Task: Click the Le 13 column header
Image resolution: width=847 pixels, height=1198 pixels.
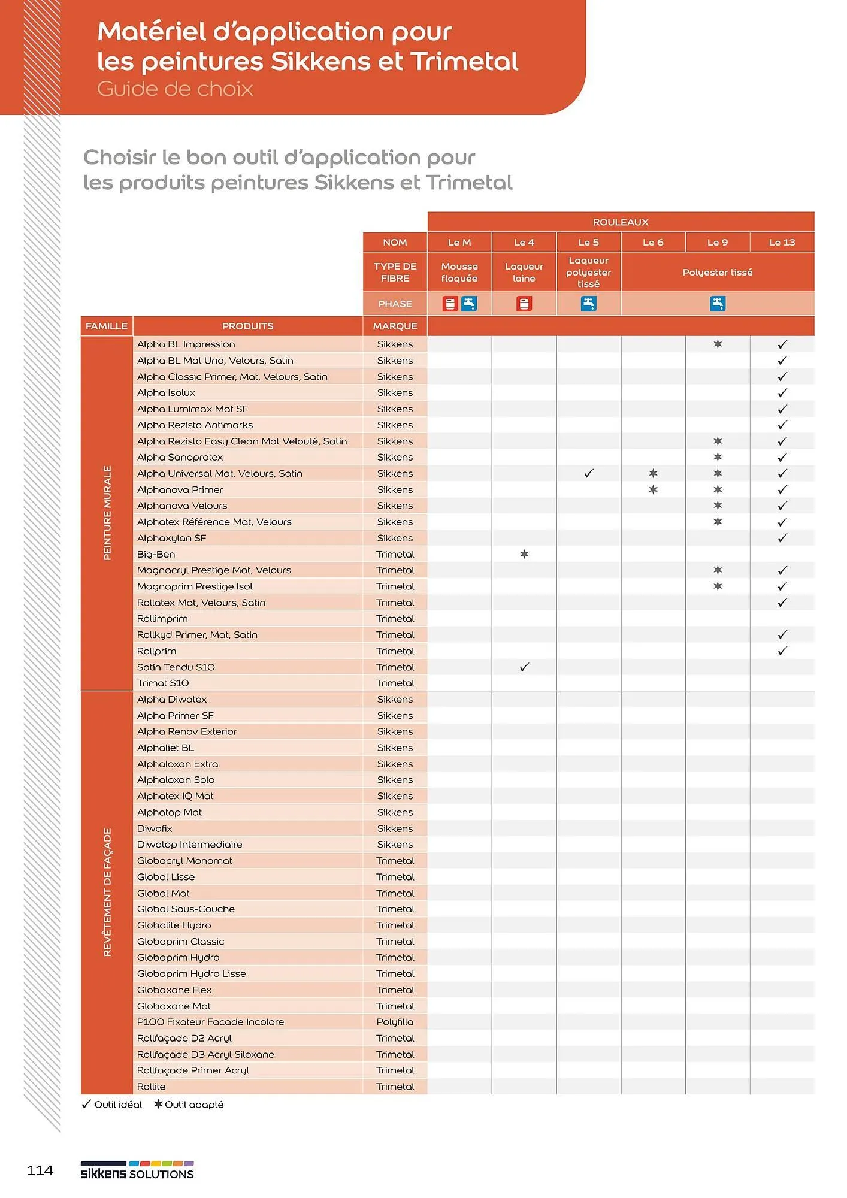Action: coord(782,242)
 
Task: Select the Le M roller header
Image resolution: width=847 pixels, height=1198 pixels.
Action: coord(459,242)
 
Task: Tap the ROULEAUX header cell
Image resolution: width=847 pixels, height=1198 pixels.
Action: coord(621,222)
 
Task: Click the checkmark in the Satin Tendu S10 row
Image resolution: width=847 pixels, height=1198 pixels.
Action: coord(524,667)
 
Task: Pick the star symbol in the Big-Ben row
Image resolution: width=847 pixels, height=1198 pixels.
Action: coord(524,554)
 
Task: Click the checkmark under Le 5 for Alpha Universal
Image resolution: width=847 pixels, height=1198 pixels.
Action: coord(589,473)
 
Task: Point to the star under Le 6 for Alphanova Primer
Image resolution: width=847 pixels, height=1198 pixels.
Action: coord(653,489)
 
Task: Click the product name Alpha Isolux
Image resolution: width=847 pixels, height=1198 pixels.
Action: coord(166,393)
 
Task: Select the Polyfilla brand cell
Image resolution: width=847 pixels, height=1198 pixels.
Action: coord(395,1022)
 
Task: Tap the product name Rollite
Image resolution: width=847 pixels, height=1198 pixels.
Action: coord(151,1087)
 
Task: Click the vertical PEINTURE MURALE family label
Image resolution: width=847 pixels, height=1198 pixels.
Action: coord(107,513)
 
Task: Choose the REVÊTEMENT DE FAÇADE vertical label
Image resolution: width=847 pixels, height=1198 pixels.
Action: coord(107,892)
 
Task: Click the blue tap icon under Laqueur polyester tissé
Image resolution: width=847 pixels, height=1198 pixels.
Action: coord(589,304)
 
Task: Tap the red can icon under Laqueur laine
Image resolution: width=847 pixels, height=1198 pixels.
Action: coord(524,304)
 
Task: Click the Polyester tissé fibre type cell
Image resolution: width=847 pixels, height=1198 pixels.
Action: coord(717,272)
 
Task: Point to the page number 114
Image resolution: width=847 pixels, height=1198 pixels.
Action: coord(40,1170)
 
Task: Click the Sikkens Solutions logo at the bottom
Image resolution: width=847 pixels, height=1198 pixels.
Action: coord(137,1171)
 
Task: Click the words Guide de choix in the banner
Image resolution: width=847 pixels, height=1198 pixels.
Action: coord(175,89)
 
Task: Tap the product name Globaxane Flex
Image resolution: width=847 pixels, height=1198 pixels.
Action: coord(174,990)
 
